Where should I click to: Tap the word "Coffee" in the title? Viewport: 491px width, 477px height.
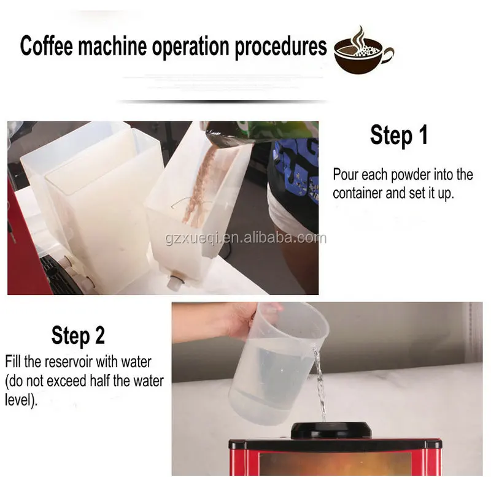point(47,47)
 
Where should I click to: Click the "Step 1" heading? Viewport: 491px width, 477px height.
point(398,135)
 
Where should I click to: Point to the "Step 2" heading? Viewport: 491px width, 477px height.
point(78,335)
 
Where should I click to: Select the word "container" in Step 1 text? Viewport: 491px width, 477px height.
point(358,193)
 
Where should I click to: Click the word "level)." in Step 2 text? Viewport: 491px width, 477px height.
point(21,400)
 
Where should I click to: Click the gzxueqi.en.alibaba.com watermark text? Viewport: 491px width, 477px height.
point(246,238)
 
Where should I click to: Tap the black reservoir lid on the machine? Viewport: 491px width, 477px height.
point(331,430)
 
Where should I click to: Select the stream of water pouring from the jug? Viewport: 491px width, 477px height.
point(320,385)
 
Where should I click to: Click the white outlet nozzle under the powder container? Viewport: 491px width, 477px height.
point(174,282)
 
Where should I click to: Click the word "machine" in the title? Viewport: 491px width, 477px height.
point(112,47)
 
